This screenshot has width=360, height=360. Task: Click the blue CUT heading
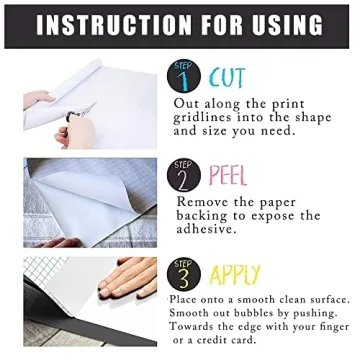(227, 76)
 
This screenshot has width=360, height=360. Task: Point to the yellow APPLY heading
(237, 275)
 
